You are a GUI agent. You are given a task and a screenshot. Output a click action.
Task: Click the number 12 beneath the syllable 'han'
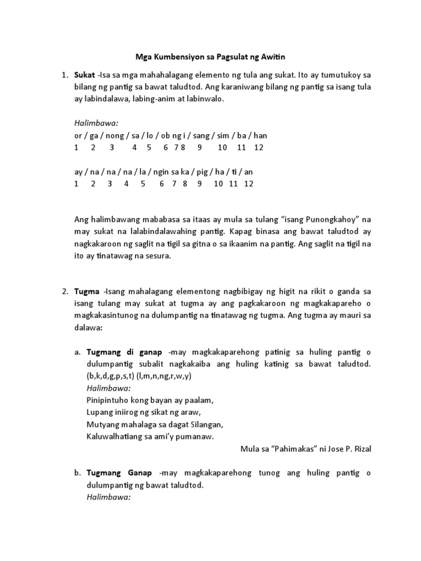click(259, 148)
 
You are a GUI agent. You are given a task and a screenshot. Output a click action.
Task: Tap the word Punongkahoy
click(325, 219)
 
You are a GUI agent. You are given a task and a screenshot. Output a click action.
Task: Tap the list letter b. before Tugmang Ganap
click(77, 473)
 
